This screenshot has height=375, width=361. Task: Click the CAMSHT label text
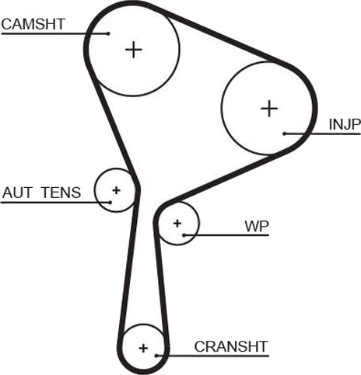tap(33, 24)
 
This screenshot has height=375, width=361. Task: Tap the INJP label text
tap(345, 124)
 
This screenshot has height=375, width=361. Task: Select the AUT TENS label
tap(41, 193)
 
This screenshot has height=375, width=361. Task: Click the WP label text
tap(257, 226)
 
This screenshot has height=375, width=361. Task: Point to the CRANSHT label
tap(231, 346)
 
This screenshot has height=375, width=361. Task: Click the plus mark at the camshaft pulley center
tap(134, 50)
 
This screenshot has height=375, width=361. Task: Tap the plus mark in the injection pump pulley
tap(269, 108)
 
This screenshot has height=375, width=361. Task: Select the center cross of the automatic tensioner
tap(116, 190)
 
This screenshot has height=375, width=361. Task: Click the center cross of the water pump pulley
tap(177, 223)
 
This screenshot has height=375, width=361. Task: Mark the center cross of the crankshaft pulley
tap(143, 348)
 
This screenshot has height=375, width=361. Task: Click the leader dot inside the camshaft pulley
tap(108, 33)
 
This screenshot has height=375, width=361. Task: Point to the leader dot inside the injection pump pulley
tap(285, 134)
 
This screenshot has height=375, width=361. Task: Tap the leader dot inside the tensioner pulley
tap(110, 202)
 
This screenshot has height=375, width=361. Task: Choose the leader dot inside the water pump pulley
tap(184, 235)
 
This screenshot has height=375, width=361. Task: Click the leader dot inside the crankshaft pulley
tap(156, 356)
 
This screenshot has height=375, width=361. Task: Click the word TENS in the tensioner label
tap(61, 193)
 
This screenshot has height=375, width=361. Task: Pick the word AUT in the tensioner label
tap(17, 193)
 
